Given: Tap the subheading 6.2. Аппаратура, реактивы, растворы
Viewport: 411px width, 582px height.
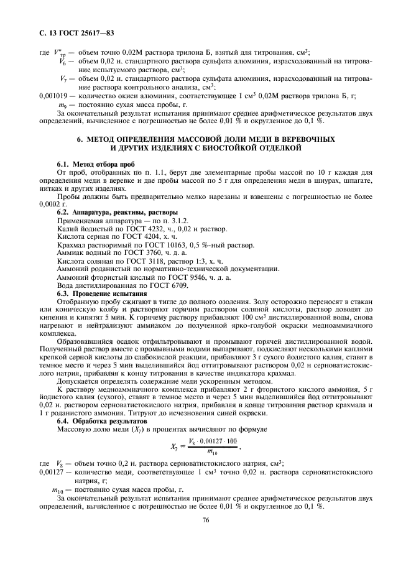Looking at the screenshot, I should pyautogui.click(x=117, y=212).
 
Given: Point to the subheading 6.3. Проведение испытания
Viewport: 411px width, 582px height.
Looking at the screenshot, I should pyautogui.click(x=102, y=293).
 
